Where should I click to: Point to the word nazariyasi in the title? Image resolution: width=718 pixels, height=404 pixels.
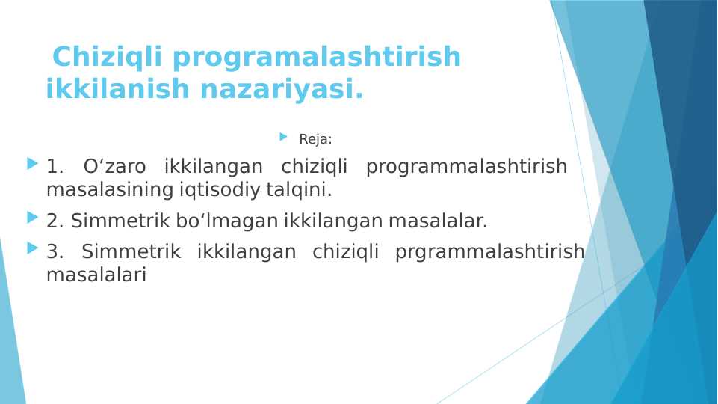tap(279, 89)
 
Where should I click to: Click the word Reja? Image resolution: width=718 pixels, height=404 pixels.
tap(314, 139)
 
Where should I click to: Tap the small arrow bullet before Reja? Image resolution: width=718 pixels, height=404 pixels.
tap(283, 137)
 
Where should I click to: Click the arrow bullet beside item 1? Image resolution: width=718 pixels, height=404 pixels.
tap(31, 162)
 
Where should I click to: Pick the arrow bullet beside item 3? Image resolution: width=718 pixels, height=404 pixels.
tap(31, 248)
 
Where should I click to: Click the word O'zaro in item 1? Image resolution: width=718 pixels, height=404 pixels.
tap(115, 166)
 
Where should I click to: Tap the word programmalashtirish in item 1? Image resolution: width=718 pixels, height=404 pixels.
tap(466, 167)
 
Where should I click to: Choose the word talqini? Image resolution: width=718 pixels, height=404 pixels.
tap(303, 190)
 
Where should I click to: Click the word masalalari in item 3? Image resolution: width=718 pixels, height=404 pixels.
tap(96, 275)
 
